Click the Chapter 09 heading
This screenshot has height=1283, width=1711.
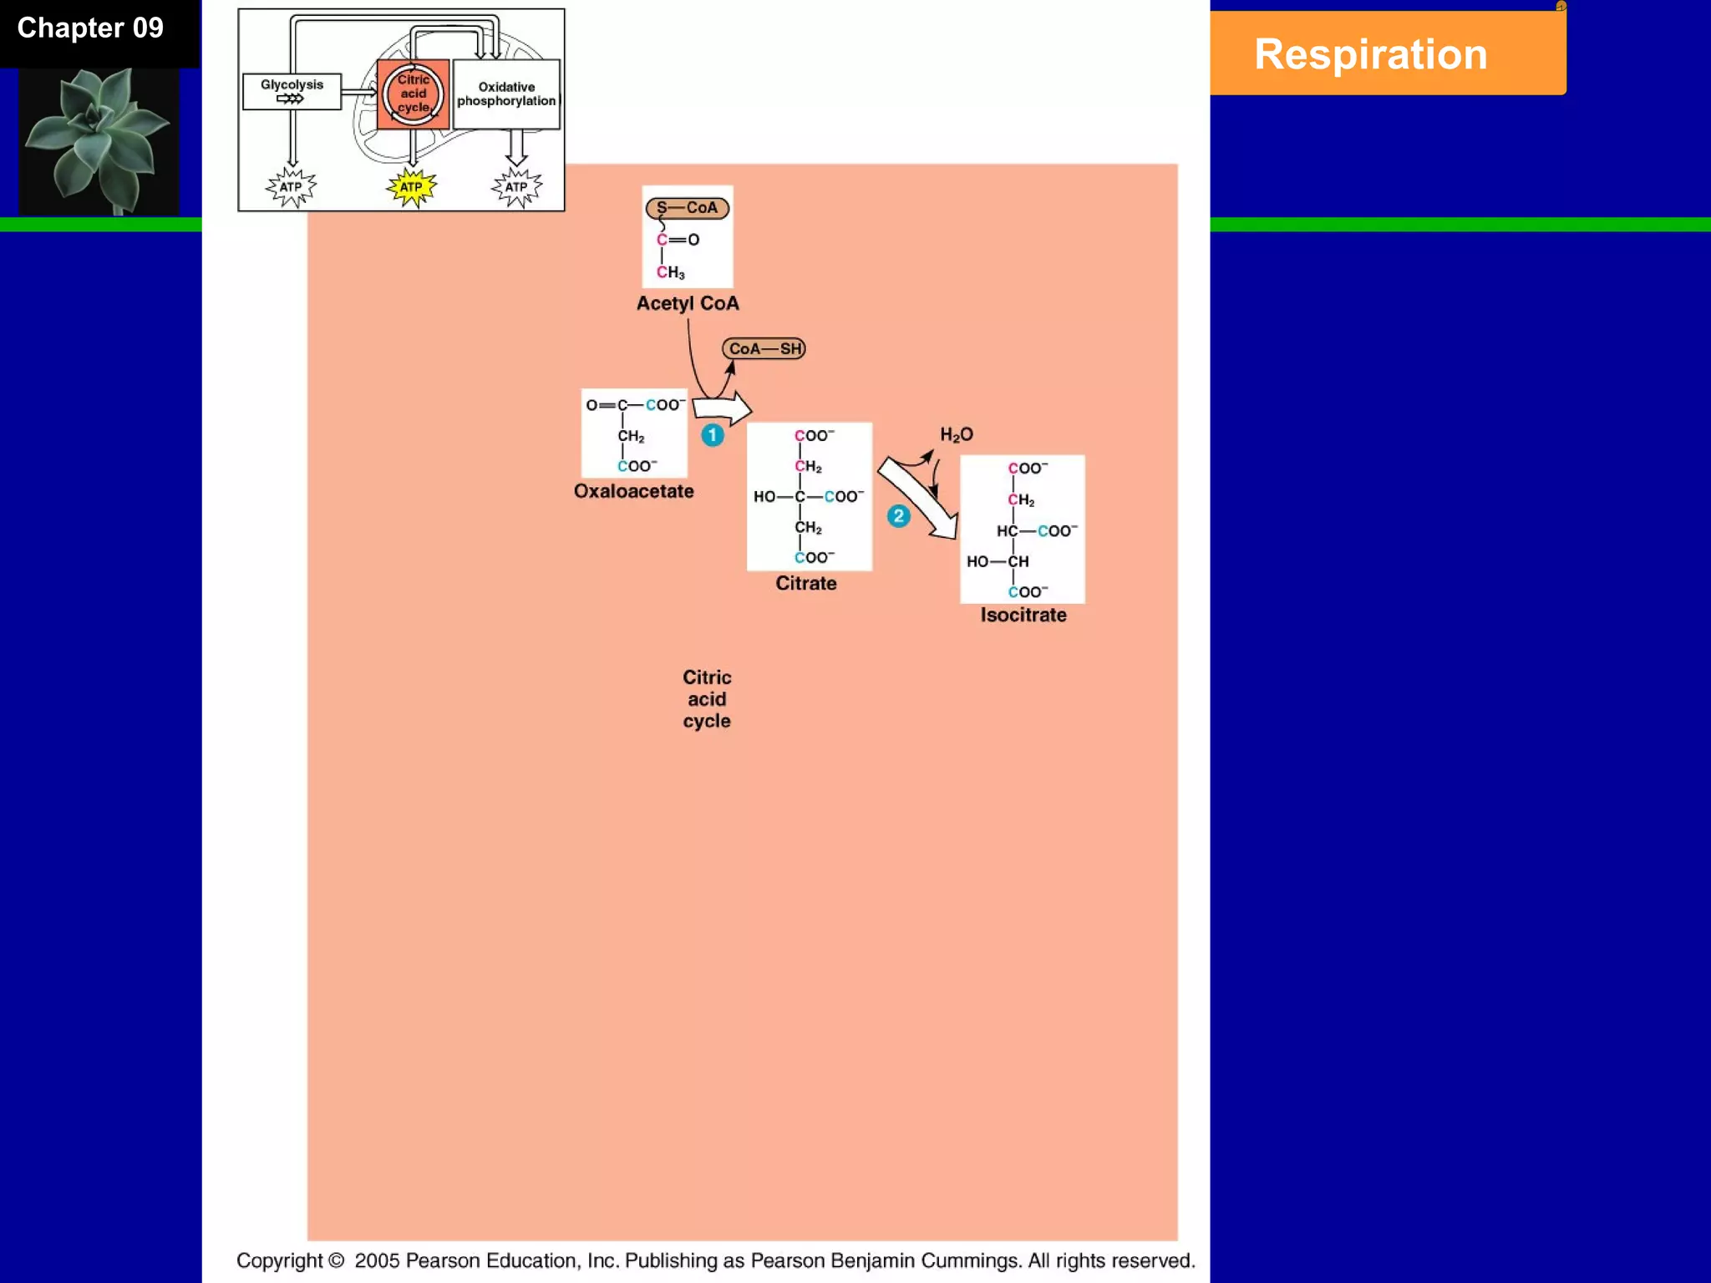pyautogui.click(x=90, y=28)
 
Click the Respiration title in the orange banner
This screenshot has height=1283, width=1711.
pyautogui.click(x=1370, y=55)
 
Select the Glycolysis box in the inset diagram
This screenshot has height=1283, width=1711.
pyautogui.click(x=292, y=91)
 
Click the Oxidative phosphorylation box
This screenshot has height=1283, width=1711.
pyautogui.click(x=506, y=94)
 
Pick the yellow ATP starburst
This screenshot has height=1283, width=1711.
pyautogui.click(x=411, y=187)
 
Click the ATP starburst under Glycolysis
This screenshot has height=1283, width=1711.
pyautogui.click(x=291, y=187)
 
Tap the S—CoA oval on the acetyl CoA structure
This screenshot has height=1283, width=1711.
pyautogui.click(x=687, y=208)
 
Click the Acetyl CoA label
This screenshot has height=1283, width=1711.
pyautogui.click(x=688, y=303)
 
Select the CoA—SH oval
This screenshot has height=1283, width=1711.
pyautogui.click(x=764, y=348)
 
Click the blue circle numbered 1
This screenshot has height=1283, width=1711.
pyautogui.click(x=712, y=435)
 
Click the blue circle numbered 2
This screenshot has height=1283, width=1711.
pyautogui.click(x=898, y=516)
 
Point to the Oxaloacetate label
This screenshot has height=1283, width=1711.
pyautogui.click(x=633, y=491)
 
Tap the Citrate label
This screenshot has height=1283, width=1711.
pyautogui.click(x=805, y=583)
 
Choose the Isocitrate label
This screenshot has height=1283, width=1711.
pyautogui.click(x=1023, y=615)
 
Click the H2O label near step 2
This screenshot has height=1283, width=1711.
pyautogui.click(x=957, y=434)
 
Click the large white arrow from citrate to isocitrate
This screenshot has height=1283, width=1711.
pyautogui.click(x=918, y=498)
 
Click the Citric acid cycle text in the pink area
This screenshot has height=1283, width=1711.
pyautogui.click(x=707, y=699)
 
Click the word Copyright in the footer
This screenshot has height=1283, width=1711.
pyautogui.click(x=279, y=1260)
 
